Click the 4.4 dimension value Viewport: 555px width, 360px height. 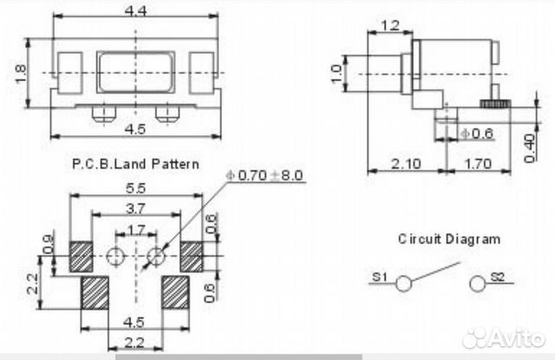[135, 11]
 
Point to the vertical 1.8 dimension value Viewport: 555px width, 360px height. [21, 73]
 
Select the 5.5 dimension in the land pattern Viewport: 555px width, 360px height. [135, 188]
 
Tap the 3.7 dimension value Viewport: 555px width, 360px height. [135, 208]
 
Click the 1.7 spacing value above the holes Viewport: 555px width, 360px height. [136, 231]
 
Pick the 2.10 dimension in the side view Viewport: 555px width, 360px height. [406, 164]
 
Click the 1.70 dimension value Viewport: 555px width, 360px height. [478, 164]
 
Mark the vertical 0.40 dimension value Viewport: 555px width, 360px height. [529, 148]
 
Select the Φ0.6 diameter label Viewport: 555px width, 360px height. [476, 134]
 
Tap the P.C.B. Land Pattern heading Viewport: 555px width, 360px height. [135, 164]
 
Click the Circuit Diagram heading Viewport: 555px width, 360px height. [449, 239]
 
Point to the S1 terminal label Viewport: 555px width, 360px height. [380, 277]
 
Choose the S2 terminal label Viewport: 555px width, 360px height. [497, 277]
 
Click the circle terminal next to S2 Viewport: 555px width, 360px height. [478, 284]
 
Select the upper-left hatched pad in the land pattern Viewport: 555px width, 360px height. [81, 257]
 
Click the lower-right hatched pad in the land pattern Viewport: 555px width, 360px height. [175, 292]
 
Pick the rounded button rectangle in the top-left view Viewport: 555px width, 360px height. [135, 72]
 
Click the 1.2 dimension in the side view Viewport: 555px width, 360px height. [390, 25]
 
